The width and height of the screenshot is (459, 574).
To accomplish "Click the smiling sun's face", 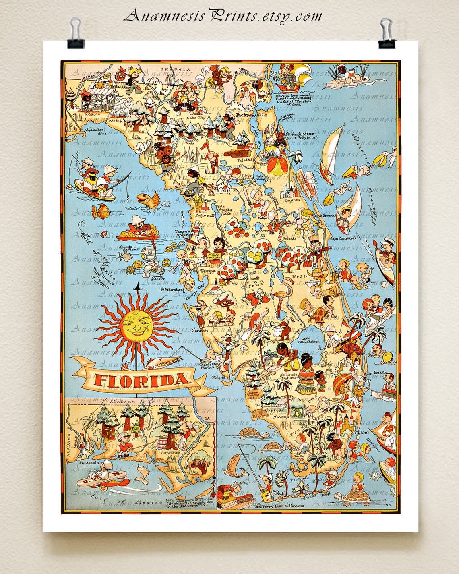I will tap(135, 325).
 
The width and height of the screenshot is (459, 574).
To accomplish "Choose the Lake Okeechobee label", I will tap(308, 340).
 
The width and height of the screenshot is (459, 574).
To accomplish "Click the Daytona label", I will tap(292, 200).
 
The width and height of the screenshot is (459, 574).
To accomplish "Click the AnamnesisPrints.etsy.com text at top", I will tap(223, 16).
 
